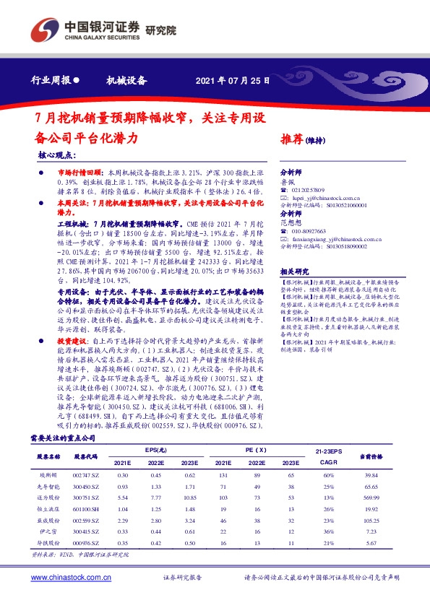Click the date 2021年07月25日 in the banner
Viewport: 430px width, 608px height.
point(233,81)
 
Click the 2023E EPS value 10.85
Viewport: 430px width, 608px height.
point(189,498)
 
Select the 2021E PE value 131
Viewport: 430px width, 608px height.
point(223,474)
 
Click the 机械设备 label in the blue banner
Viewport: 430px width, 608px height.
point(126,81)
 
